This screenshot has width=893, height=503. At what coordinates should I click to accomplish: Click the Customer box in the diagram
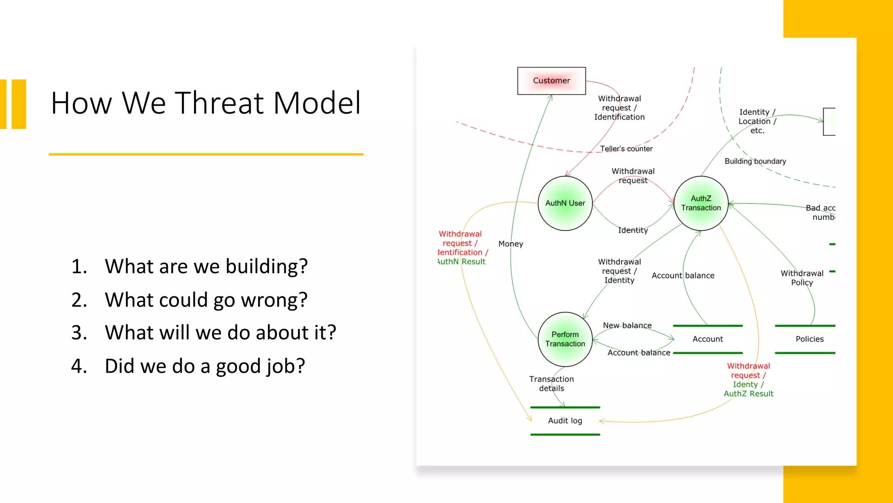[551, 81]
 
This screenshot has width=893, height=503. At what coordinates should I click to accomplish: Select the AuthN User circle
[565, 203]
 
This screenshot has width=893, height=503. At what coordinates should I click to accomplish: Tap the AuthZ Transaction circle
[701, 203]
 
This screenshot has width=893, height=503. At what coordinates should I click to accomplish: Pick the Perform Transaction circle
[565, 339]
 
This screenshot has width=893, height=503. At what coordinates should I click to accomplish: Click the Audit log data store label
[565, 420]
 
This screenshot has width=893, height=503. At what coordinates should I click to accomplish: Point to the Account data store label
[707, 339]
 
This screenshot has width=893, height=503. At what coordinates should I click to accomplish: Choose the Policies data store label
[809, 339]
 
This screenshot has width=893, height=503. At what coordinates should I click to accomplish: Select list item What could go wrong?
[206, 300]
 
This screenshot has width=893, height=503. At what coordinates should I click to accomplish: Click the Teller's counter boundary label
[626, 149]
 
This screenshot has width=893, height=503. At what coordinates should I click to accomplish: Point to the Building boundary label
[755, 161]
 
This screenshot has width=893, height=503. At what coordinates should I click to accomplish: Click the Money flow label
[511, 244]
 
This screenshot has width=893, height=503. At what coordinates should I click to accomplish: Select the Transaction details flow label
[552, 383]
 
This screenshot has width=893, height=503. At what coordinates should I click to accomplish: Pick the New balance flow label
[627, 325]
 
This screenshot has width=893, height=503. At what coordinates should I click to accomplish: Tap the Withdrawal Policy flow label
[802, 278]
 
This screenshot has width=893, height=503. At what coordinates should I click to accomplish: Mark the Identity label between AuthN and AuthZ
[633, 230]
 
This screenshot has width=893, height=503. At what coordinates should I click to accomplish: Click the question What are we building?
[206, 266]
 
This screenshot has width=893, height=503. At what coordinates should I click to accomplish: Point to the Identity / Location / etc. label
[757, 121]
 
